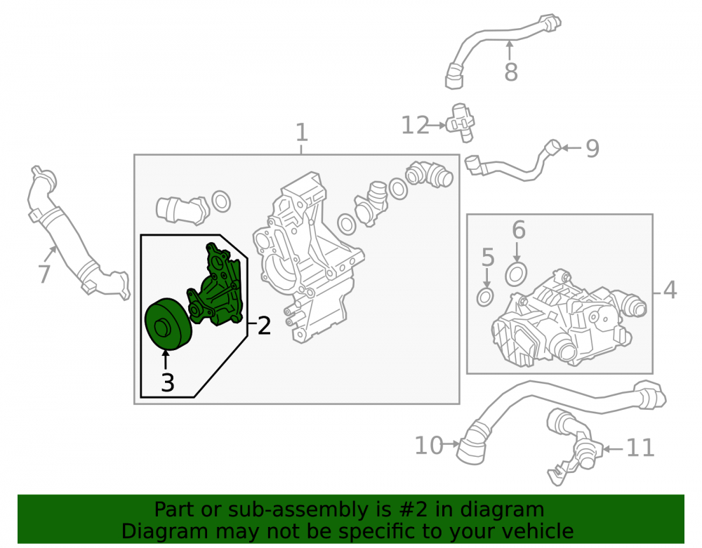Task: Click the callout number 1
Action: [x=302, y=133]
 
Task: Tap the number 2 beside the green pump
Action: [x=264, y=326]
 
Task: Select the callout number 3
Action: [x=168, y=382]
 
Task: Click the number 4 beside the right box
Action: [x=670, y=290]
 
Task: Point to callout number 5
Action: [x=488, y=258]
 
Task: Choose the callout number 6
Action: [x=519, y=229]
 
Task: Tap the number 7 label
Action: [x=44, y=274]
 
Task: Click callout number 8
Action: [x=511, y=72]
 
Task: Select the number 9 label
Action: [x=592, y=148]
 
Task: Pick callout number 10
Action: [x=428, y=445]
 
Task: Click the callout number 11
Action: [x=641, y=448]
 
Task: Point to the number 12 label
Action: [x=415, y=125]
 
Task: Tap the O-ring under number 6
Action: [x=516, y=274]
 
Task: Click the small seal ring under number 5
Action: [x=485, y=297]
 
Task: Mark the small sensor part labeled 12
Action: [x=461, y=123]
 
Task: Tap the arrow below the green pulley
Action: [x=166, y=361]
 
